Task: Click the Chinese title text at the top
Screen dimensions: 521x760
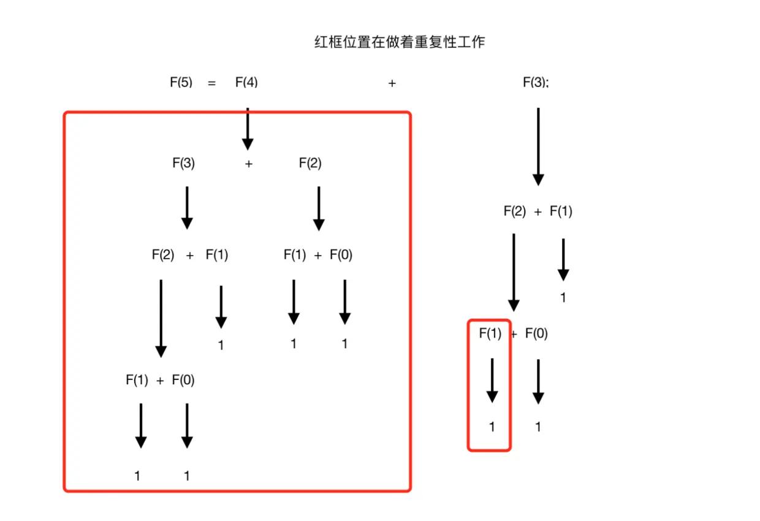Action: [x=398, y=42]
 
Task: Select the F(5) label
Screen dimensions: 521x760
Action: [x=181, y=82]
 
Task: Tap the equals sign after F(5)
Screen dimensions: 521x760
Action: [x=212, y=83]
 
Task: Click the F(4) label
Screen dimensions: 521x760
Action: [x=246, y=82]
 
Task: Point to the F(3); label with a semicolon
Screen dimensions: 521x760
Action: [x=536, y=82]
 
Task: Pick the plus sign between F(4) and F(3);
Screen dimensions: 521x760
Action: [x=392, y=83]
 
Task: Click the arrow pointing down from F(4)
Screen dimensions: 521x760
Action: [x=248, y=129]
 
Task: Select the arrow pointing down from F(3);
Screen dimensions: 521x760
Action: [x=538, y=147]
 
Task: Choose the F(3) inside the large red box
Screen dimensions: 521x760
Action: [x=183, y=163]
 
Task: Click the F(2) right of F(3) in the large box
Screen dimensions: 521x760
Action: [x=310, y=163]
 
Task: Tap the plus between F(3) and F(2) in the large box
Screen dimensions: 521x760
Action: [x=249, y=164]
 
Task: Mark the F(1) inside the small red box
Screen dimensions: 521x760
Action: [x=490, y=333]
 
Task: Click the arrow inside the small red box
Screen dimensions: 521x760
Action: [x=492, y=381]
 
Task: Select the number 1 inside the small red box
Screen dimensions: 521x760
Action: [x=492, y=427]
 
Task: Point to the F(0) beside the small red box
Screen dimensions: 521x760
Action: [x=537, y=333]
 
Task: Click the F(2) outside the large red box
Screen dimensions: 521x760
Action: [x=515, y=211]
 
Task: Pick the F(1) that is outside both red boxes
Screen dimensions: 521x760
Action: [x=561, y=211]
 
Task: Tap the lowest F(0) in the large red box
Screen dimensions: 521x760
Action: [x=183, y=380]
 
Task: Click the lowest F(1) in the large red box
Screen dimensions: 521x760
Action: [x=137, y=380]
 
